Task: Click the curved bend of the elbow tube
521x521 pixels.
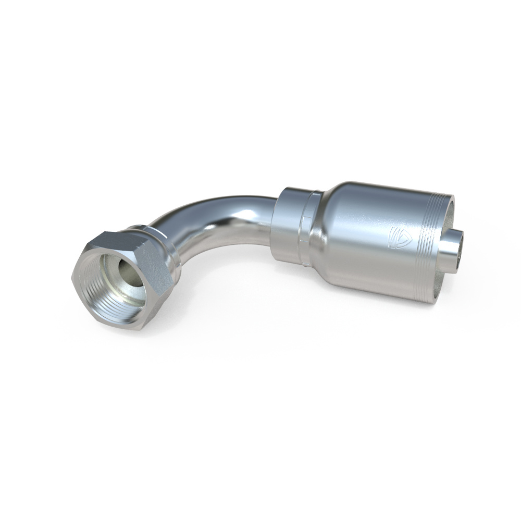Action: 203,219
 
